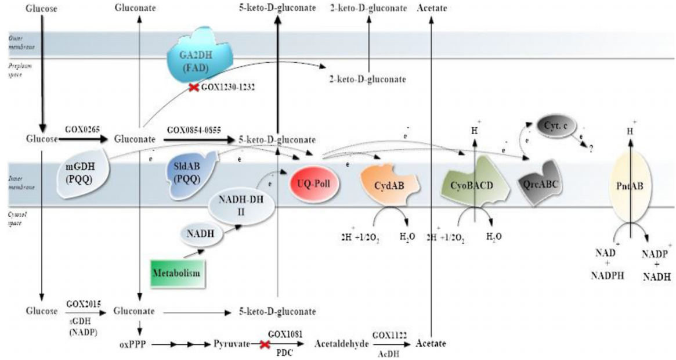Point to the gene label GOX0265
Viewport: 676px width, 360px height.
(80, 131)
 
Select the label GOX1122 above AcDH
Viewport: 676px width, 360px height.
(388, 335)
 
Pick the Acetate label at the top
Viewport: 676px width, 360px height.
(431, 8)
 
